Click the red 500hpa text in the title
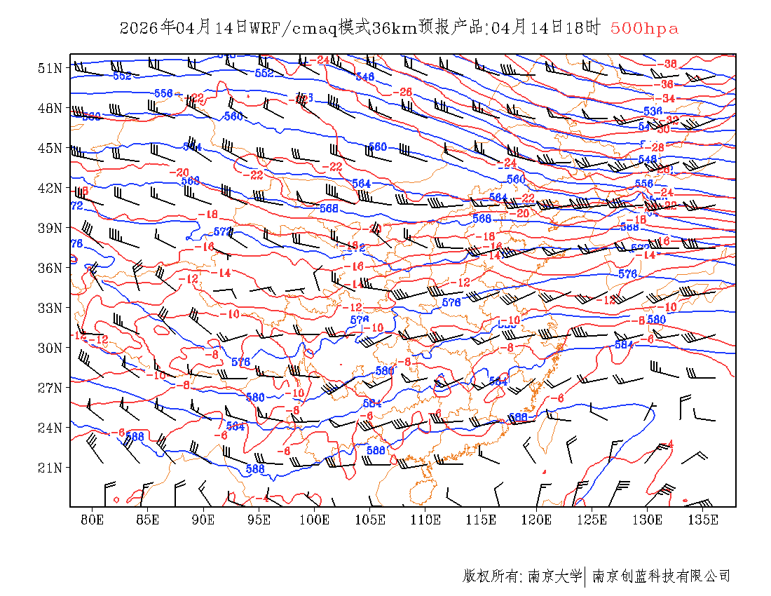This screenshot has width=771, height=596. tap(644, 28)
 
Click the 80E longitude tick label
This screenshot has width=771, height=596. tap(93, 520)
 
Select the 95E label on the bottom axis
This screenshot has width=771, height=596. tap(259, 520)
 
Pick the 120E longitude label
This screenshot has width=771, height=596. tap(537, 520)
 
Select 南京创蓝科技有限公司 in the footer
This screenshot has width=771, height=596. tap(661, 576)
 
